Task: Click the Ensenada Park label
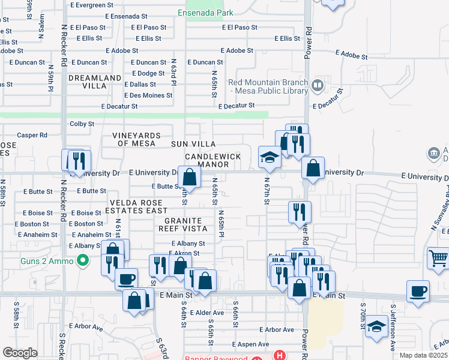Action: (x=206, y=13)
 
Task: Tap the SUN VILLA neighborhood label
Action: (x=193, y=145)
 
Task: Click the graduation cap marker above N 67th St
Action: (x=270, y=158)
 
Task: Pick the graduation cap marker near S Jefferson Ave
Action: (x=377, y=327)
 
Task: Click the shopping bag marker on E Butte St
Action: (x=190, y=178)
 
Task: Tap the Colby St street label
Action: (x=82, y=124)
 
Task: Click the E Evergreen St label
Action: (x=91, y=5)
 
